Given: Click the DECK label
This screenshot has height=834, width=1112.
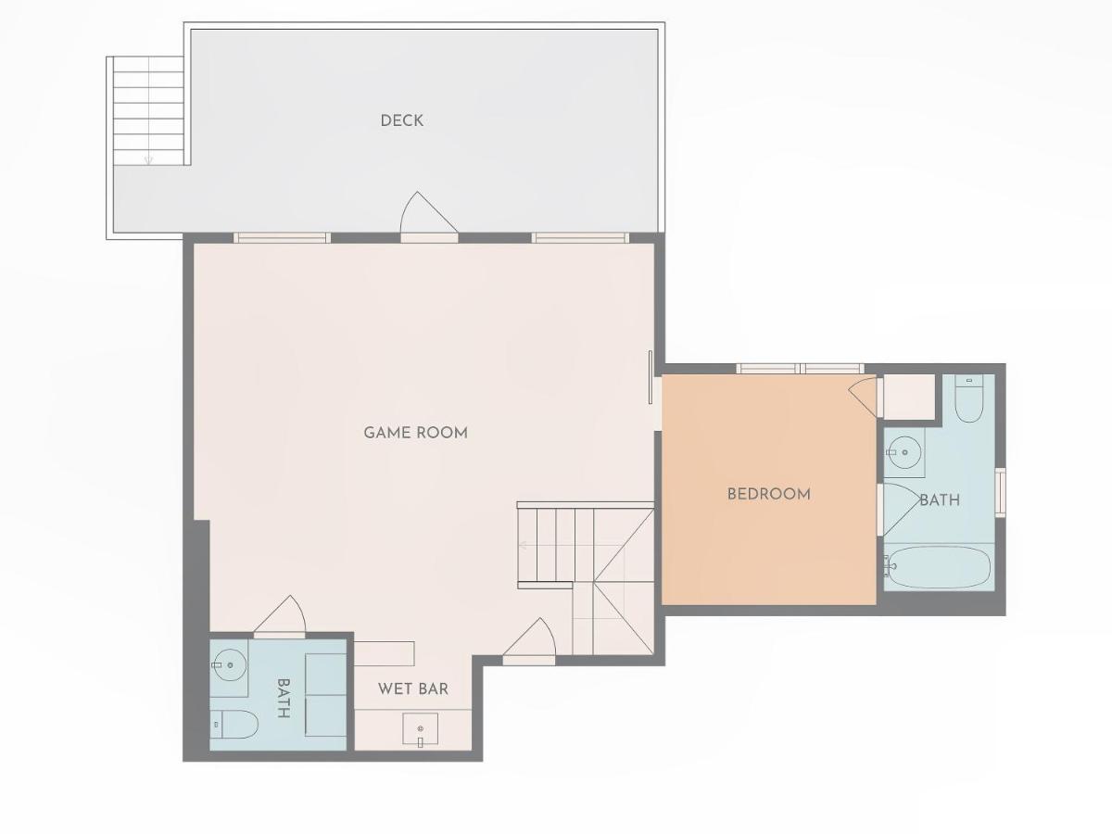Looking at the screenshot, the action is (x=402, y=120).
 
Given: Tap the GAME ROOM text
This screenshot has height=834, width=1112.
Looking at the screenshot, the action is (x=415, y=433).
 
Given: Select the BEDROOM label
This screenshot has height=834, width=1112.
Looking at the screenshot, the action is (x=768, y=494).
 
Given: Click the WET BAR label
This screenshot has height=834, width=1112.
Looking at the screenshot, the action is (x=413, y=689).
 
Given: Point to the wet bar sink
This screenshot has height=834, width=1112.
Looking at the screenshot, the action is (x=420, y=730).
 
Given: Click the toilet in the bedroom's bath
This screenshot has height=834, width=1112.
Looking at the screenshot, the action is (x=968, y=399).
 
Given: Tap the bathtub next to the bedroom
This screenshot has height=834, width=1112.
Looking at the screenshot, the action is (x=939, y=567).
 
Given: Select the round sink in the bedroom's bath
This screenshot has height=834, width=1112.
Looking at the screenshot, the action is (x=905, y=452).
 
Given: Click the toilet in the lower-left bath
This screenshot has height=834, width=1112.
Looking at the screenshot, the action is (x=234, y=724).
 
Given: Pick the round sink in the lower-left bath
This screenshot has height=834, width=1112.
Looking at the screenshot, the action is (x=230, y=664).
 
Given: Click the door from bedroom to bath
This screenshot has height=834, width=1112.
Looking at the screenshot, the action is (x=901, y=509).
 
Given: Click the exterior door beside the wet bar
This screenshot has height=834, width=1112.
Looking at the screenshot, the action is (x=529, y=641).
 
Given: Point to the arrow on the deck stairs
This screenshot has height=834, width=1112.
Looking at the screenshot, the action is (x=148, y=160).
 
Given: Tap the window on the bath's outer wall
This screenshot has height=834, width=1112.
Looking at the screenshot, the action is (x=1000, y=493).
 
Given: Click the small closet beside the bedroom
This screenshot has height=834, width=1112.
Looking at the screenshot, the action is (x=909, y=397).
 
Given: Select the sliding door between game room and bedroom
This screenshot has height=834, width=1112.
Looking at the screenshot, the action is (x=651, y=377).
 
